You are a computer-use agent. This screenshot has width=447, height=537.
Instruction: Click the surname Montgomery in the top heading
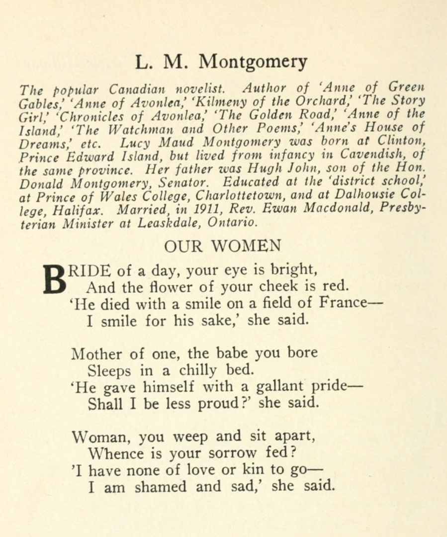[253, 62]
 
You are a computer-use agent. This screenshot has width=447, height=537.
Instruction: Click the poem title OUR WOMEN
[222, 246]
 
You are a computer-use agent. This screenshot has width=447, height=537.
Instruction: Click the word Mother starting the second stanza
[96, 354]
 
